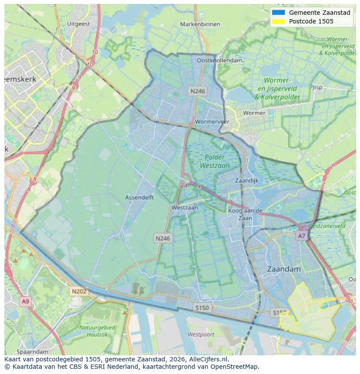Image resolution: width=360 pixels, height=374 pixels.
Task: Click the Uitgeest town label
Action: pyautogui.click(x=79, y=24)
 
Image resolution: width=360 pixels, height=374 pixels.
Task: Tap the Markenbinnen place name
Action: pyautogui.click(x=200, y=24)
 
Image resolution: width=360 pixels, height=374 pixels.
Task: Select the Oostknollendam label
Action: pyautogui.click(x=220, y=60)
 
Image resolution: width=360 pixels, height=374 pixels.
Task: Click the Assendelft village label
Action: pyautogui.click(x=139, y=197)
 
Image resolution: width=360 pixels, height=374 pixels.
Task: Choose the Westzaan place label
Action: pyautogui.click(x=184, y=207)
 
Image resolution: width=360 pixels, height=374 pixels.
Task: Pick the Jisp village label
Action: pyautogui.click(x=317, y=87)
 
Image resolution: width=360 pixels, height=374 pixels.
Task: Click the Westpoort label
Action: pyautogui.click(x=201, y=334)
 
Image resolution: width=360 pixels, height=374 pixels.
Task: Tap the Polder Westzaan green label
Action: pyautogui.click(x=215, y=161)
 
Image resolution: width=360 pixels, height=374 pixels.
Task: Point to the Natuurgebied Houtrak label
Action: pyautogui.click(x=97, y=331)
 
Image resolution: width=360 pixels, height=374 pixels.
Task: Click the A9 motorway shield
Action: pyautogui.click(x=25, y=301)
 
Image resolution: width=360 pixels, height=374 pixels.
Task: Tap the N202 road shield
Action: pyautogui.click(x=79, y=291)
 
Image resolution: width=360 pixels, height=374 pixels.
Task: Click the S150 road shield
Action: pyautogui.click(x=202, y=308)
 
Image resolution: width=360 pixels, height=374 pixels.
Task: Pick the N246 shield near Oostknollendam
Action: pyautogui.click(x=197, y=91)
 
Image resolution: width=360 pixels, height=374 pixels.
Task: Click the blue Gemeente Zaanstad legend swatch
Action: pyautogui.click(x=278, y=13)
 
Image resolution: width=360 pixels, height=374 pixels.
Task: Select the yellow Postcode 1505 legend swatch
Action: pyautogui.click(x=278, y=21)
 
